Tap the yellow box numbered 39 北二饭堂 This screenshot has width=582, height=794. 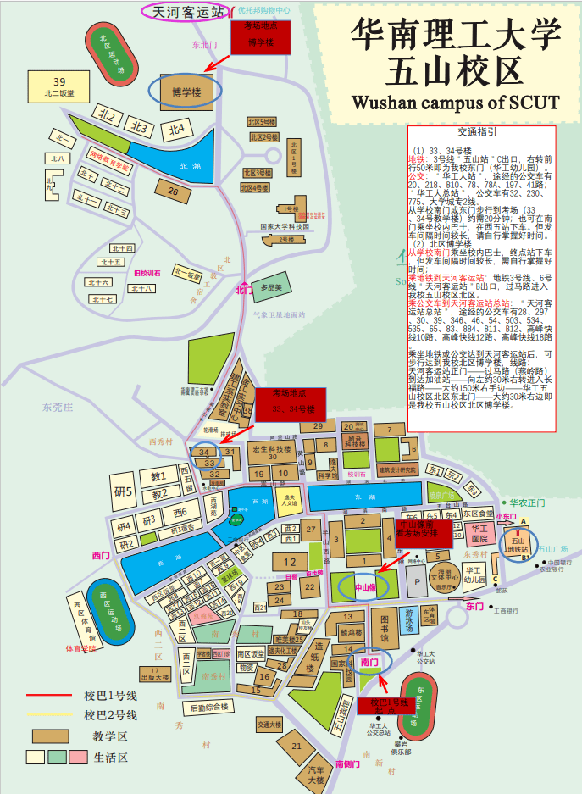point(58,86)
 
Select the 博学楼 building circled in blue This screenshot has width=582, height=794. point(186,91)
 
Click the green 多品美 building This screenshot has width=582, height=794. point(270,287)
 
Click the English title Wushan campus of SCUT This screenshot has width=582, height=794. point(455,103)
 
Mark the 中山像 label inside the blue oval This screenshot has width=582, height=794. point(364,586)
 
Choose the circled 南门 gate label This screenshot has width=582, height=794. point(369,661)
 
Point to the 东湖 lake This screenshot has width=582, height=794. point(364,497)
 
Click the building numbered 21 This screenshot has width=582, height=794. point(296,746)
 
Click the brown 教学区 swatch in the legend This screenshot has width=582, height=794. point(50,736)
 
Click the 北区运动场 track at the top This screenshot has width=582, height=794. point(112,50)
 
